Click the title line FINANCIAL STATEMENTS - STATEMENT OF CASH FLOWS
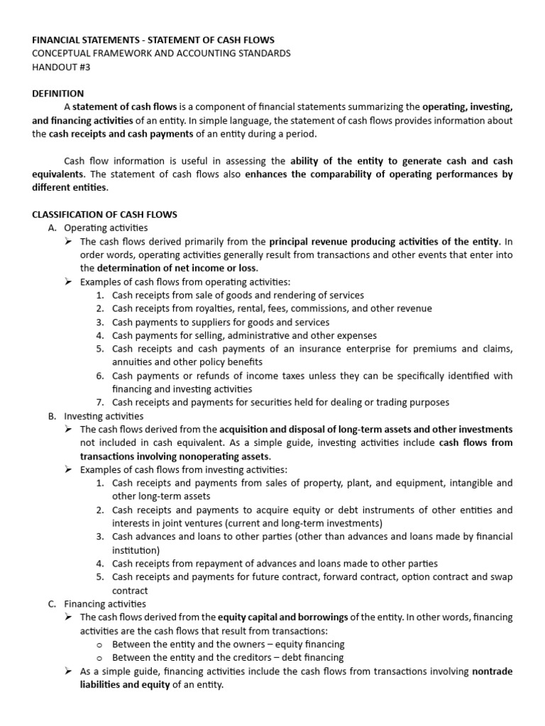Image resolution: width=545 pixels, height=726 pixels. pos(153,40)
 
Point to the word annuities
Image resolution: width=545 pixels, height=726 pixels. pos(132,362)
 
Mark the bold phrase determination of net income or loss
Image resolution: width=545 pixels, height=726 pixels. pos(177,268)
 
